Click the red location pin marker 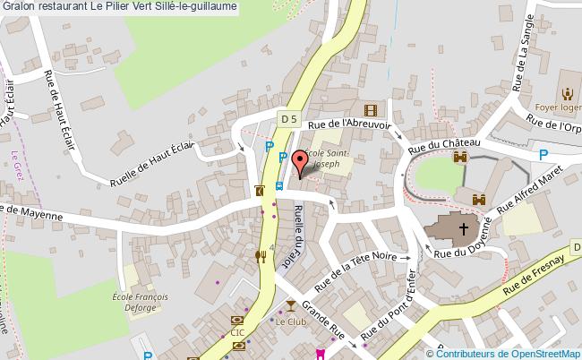point(301,161)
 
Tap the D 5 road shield point(287,118)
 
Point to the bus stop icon point(279,187)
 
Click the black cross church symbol point(465,230)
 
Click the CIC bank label point(236,332)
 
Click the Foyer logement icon point(567,92)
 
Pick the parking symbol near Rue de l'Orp point(543,154)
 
